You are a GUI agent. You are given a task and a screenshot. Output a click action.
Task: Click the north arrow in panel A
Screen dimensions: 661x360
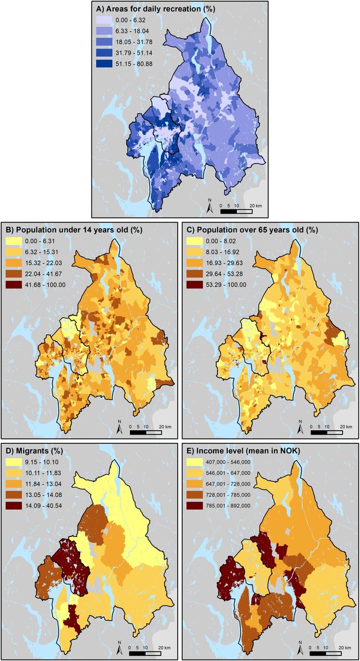pyautogui.click(x=210, y=207)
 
